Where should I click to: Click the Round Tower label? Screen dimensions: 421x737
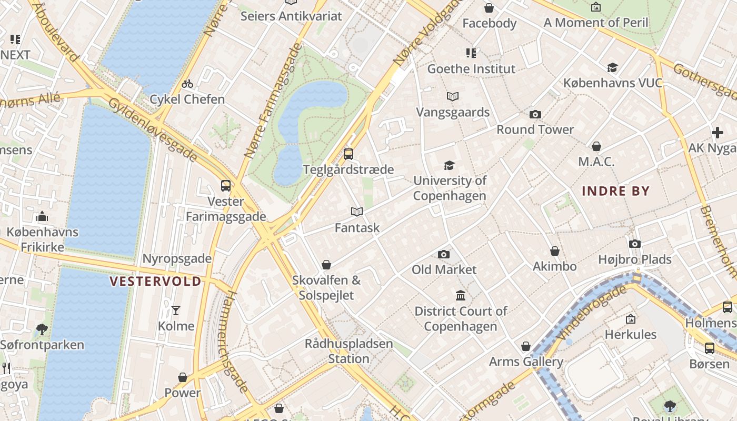point(535,129)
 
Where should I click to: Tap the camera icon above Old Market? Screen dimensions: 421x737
point(444,255)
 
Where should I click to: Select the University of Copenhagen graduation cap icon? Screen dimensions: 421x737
point(449,166)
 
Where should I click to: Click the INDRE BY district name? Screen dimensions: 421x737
point(615,191)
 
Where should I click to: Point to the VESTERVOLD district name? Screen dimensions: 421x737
point(155,282)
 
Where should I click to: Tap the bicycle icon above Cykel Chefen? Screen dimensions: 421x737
point(187,84)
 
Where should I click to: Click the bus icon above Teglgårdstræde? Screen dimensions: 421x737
point(348,154)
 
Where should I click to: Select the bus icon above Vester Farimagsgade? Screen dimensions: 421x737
point(226,186)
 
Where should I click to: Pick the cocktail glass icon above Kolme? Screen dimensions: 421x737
point(176,310)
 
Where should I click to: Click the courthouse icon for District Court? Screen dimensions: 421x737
point(461,296)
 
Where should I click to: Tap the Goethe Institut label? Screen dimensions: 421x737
point(471,69)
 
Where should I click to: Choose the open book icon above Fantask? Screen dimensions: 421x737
point(357,212)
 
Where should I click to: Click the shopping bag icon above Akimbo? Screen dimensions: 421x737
point(554,252)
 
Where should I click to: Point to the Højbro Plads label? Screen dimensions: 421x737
point(635,259)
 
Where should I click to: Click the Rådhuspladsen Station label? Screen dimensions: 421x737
point(348,351)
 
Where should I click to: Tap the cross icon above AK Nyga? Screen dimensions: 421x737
point(717,133)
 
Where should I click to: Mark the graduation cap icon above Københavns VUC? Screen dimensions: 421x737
point(612,68)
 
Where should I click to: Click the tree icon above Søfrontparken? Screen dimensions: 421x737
point(42,329)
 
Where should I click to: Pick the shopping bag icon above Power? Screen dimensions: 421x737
point(182,377)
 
